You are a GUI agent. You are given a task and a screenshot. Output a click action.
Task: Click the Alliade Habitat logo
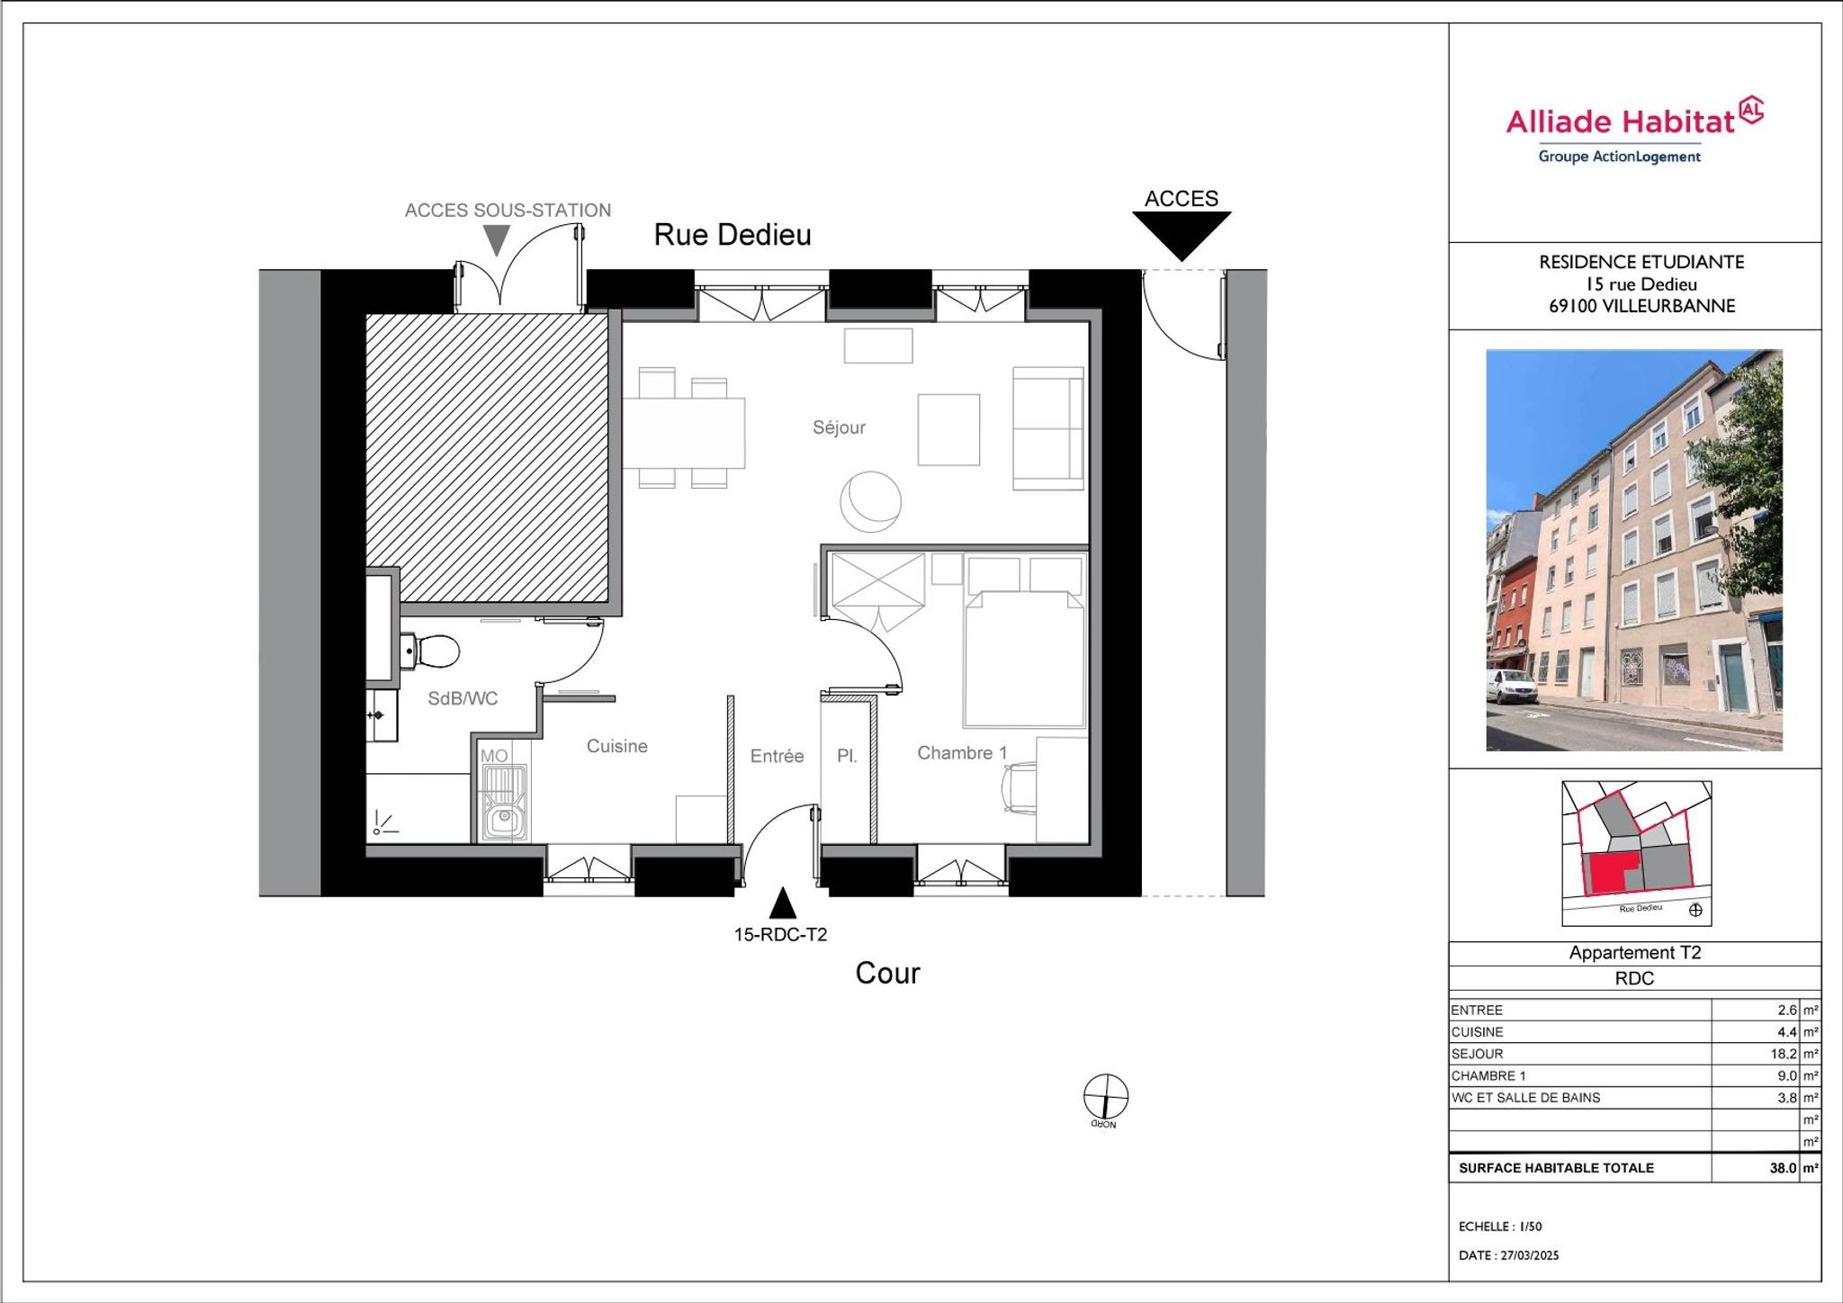1634,131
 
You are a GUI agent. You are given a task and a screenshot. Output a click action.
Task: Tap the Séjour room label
839,427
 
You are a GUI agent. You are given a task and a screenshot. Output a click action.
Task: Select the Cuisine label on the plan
616,746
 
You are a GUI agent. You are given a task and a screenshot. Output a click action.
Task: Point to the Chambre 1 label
962,753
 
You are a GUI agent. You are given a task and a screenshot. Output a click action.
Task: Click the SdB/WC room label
463,698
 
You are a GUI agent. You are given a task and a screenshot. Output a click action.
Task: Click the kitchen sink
504,802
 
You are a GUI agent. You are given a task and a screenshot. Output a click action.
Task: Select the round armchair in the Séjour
870,501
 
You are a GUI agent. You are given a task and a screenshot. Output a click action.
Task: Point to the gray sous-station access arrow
497,239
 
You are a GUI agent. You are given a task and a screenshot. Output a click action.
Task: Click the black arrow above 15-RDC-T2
783,903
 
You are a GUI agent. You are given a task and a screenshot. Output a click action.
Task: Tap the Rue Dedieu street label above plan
733,235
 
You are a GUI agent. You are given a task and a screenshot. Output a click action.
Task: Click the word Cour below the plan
887,973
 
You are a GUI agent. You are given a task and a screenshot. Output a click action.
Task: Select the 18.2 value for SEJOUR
1783,1054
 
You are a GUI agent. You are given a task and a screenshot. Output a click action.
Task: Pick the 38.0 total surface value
1783,1168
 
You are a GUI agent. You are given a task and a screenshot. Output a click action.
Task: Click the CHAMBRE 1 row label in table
1488,1076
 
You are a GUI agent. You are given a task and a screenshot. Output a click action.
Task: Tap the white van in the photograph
1512,687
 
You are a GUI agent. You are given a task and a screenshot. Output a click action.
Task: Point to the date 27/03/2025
1529,1255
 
